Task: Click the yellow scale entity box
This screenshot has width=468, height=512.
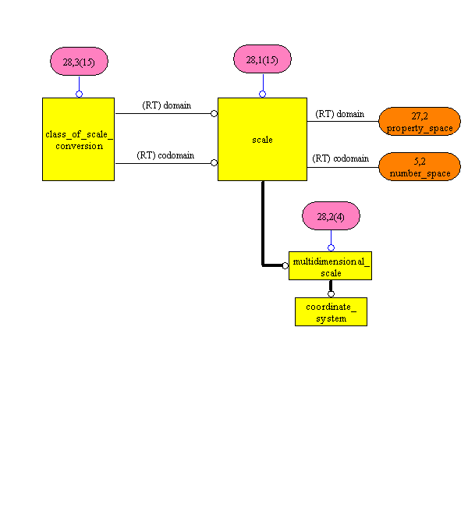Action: click(262, 139)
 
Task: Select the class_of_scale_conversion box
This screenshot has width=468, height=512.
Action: click(78, 139)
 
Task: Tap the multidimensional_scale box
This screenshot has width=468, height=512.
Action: click(331, 265)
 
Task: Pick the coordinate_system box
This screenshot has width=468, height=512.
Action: click(331, 311)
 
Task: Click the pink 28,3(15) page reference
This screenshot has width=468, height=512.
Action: click(79, 61)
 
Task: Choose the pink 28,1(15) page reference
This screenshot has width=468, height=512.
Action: click(262, 59)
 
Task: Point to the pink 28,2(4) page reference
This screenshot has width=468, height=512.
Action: click(331, 215)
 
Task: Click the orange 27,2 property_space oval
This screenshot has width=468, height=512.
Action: click(419, 122)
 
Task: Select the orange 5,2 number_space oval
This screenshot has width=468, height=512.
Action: click(419, 167)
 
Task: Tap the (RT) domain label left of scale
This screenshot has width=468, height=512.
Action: click(166, 105)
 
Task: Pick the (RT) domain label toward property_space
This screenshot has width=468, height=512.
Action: click(339, 114)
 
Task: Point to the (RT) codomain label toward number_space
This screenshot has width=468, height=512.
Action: click(340, 158)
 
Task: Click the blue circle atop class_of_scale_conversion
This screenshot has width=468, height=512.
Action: click(79, 94)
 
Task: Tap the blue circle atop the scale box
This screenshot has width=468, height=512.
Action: click(262, 94)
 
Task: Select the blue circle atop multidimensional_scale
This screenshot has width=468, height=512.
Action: click(331, 247)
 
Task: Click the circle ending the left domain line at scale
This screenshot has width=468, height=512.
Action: click(214, 114)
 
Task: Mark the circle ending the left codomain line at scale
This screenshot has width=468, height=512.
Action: click(214, 163)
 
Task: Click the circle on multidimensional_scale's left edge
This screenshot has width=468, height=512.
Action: click(285, 265)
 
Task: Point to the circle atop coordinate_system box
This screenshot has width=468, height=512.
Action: click(331, 294)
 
